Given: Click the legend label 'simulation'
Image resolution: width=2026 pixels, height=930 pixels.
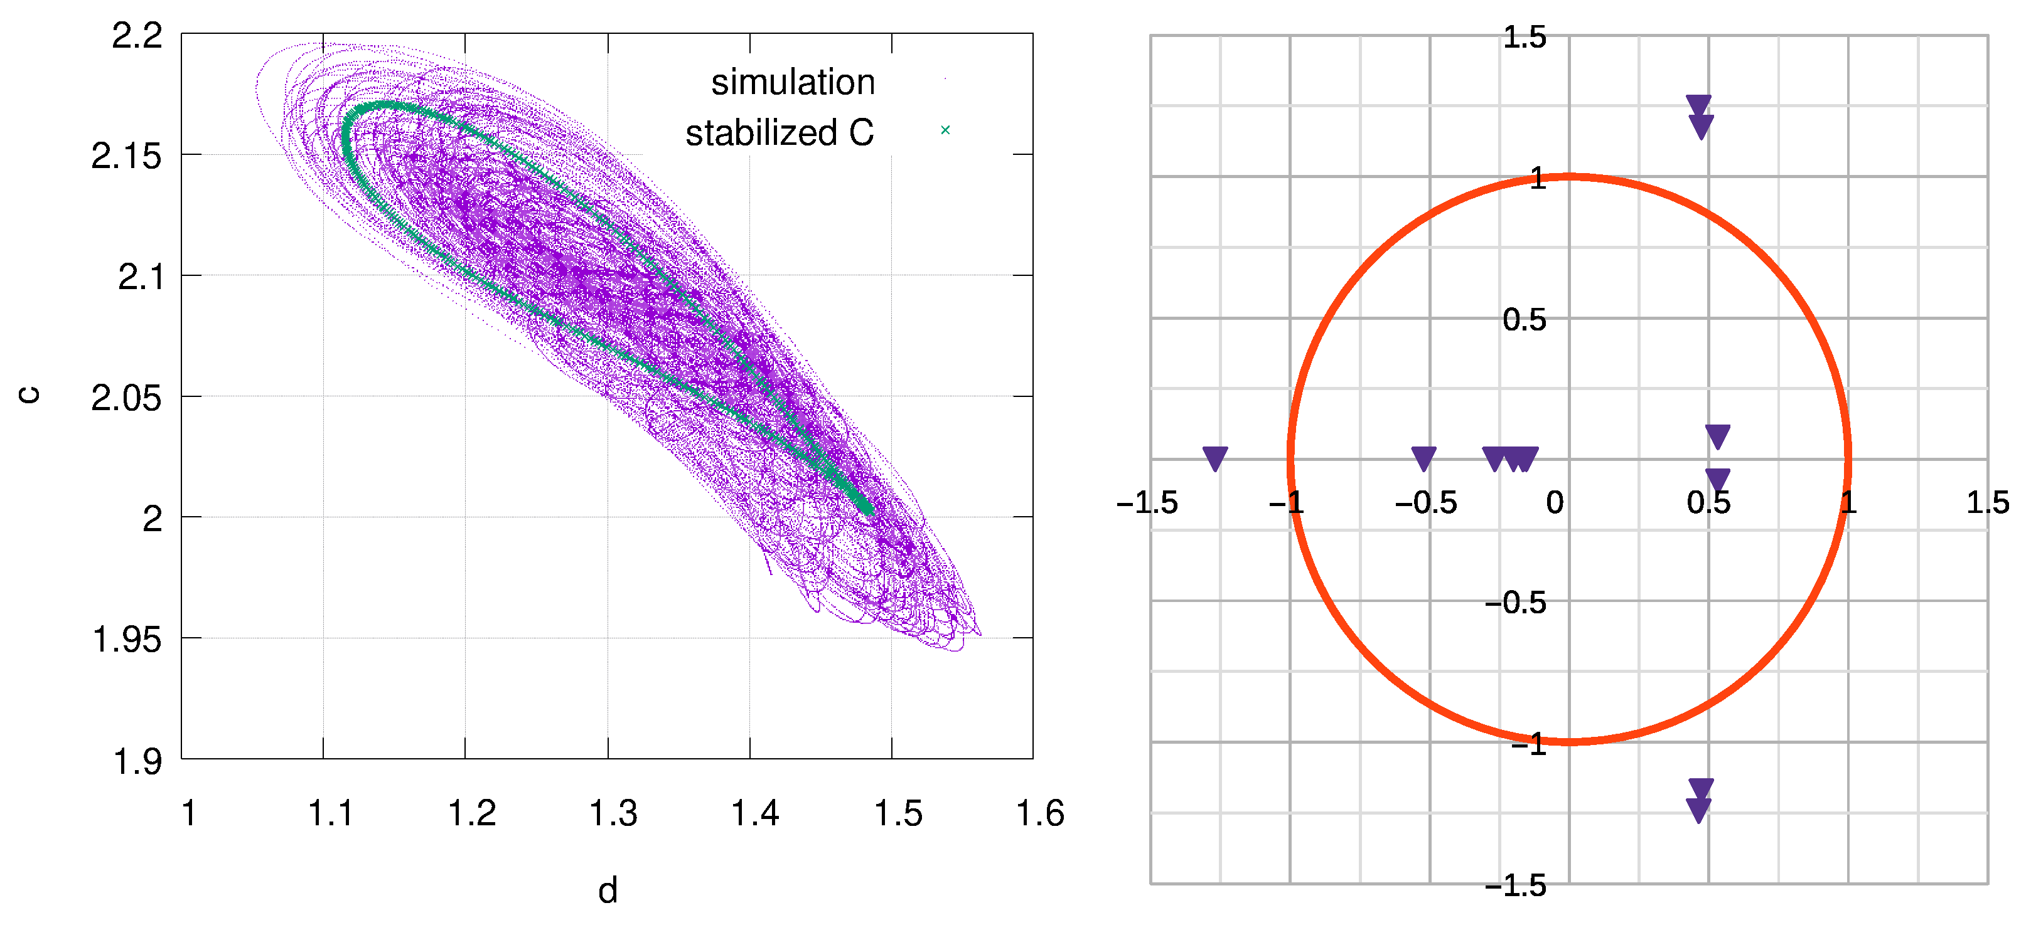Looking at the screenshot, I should pyautogui.click(x=792, y=83).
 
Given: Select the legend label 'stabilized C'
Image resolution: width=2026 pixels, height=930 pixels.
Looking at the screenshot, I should pyautogui.click(x=779, y=133).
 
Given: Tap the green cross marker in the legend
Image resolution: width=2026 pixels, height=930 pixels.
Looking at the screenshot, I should pyautogui.click(x=945, y=130).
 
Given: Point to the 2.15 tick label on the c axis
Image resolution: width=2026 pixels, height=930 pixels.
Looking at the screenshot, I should pyautogui.click(x=126, y=156).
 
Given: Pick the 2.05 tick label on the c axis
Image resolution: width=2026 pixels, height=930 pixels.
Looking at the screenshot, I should pyautogui.click(x=126, y=399).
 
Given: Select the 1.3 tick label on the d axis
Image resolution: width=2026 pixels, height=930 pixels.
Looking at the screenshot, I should pyautogui.click(x=613, y=813).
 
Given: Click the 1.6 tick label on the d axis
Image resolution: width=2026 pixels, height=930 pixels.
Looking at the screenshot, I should pyautogui.click(x=1040, y=813).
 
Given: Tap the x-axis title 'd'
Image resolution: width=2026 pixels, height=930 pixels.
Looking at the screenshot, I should pyautogui.click(x=607, y=890).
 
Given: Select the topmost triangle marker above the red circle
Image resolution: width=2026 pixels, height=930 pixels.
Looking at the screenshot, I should pyautogui.click(x=1699, y=106).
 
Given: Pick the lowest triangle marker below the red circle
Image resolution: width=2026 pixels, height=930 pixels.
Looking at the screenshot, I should pyautogui.click(x=1699, y=810).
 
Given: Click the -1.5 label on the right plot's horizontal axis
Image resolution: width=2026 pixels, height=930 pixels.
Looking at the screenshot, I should pyautogui.click(x=1147, y=503).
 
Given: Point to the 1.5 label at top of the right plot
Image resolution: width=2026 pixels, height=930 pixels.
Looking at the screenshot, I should pyautogui.click(x=1525, y=38).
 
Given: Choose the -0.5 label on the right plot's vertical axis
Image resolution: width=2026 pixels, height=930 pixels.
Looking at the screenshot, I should pyautogui.click(x=1514, y=603).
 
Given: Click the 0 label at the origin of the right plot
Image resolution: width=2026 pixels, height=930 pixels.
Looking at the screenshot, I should pyautogui.click(x=1555, y=503).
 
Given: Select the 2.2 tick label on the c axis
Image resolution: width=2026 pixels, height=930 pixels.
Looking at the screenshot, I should pyautogui.click(x=137, y=36).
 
